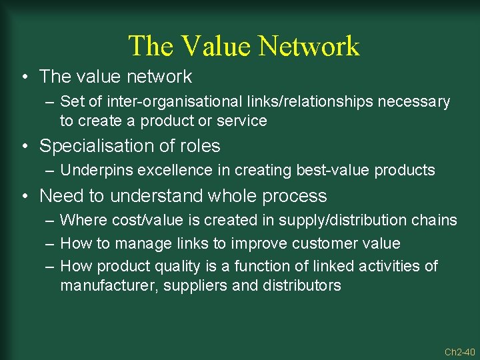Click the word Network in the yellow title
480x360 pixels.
click(x=309, y=46)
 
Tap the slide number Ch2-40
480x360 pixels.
click(x=459, y=351)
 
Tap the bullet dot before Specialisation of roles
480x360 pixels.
click(x=26, y=146)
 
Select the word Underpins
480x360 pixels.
click(x=93, y=171)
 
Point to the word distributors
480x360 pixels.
click(x=301, y=286)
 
